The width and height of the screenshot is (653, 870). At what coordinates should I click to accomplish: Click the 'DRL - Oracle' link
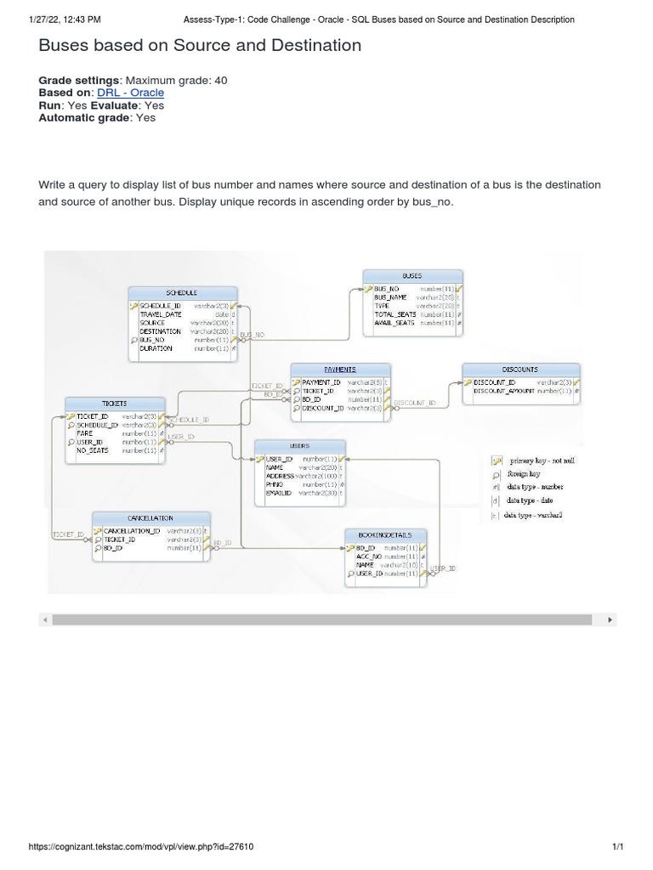point(130,93)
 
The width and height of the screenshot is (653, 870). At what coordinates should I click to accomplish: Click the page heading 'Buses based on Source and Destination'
point(200,46)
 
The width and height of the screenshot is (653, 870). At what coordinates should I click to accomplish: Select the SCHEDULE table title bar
point(182,293)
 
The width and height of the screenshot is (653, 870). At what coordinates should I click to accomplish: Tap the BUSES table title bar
point(412,276)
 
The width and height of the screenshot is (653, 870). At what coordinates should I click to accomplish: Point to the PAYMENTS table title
point(340,370)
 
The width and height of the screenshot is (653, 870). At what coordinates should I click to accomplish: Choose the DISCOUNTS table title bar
point(520,370)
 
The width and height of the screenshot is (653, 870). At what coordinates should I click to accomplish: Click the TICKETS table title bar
point(115,404)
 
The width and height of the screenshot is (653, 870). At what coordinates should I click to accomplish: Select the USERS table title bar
point(299,445)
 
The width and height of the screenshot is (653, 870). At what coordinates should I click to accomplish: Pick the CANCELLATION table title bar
point(150,517)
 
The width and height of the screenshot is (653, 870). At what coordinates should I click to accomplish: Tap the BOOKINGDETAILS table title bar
point(385,535)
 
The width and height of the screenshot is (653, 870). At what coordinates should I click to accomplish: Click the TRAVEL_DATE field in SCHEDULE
point(162,314)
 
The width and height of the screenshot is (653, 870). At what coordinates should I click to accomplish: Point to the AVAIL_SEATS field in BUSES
point(395,323)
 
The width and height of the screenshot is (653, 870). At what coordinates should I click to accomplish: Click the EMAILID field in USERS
point(279,493)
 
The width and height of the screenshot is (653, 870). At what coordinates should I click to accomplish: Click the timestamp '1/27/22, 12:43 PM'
point(65,19)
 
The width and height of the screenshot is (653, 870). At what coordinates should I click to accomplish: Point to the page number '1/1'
point(618,846)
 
